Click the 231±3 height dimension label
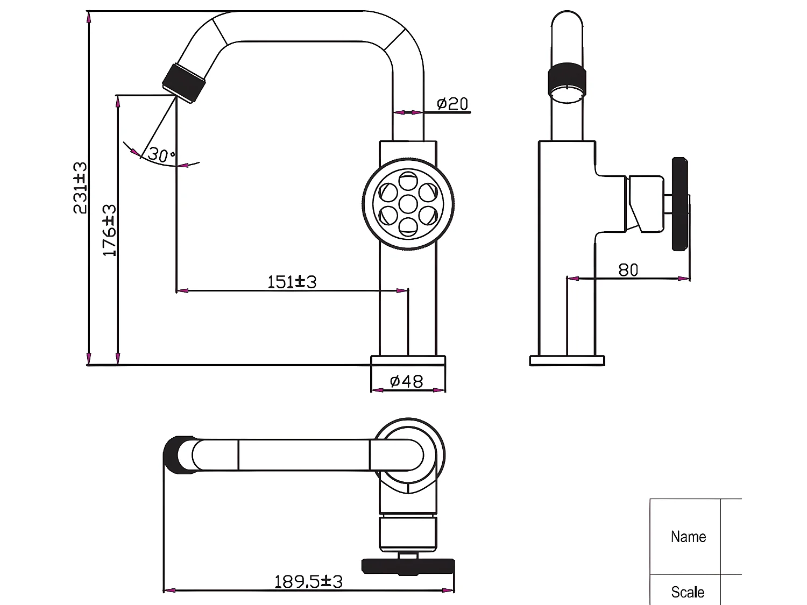click(x=80, y=188)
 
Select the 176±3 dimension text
click(x=109, y=230)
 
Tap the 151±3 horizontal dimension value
click(x=292, y=282)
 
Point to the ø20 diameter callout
click(x=452, y=103)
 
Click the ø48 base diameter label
click(x=406, y=381)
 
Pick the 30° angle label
click(x=161, y=155)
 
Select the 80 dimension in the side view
click(x=628, y=270)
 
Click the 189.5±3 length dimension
click(x=308, y=581)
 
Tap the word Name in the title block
click(x=688, y=537)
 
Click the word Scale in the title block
click(x=688, y=592)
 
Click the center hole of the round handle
click(x=408, y=204)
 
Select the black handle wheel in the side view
click(x=680, y=204)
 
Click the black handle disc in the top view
click(x=408, y=566)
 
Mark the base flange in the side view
click(x=567, y=361)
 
